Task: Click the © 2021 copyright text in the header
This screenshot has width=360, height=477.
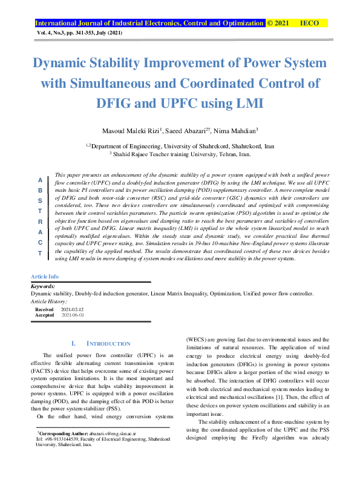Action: tap(278, 23)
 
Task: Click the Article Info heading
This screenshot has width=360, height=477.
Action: tap(45, 276)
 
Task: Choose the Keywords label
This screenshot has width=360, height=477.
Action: tap(43, 286)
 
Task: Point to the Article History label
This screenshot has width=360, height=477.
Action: tap(49, 301)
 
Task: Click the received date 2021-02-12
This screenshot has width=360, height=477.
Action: tap(73, 309)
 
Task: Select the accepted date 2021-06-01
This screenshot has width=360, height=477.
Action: tap(73, 315)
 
